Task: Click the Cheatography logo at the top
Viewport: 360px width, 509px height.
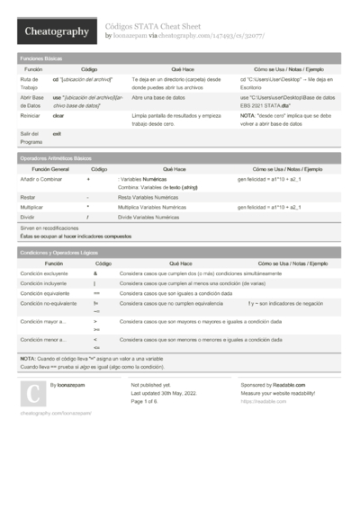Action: point(55,31)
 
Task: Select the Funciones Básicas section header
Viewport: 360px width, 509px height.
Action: point(41,58)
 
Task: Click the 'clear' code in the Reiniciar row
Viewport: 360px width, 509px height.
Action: point(58,116)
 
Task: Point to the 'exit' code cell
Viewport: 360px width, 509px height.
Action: point(57,133)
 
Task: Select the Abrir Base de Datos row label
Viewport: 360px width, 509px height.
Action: point(31,101)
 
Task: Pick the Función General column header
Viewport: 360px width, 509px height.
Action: point(50,169)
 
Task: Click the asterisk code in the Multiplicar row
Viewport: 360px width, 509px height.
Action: point(87,207)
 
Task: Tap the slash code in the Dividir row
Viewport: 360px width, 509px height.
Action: point(87,217)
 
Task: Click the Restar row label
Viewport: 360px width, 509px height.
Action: point(28,196)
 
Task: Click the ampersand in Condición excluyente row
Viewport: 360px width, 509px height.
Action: point(95,272)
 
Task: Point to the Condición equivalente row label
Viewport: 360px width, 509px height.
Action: point(44,293)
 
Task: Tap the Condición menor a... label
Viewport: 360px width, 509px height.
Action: point(43,340)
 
